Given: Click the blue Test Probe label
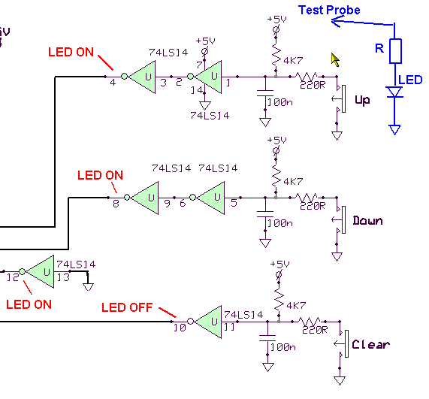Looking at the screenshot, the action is coord(329,10).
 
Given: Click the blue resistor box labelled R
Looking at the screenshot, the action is coord(395,51).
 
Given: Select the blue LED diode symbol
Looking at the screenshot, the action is coord(394,92).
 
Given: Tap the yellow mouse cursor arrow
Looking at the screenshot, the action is coord(335,59).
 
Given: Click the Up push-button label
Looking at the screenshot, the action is coord(362,100).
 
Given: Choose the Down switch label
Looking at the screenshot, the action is coord(367,220).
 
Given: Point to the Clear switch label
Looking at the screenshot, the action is coord(370,344).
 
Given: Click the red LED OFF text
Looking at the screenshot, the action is coord(127,307).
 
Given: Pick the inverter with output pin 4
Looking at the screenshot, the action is coord(139,77).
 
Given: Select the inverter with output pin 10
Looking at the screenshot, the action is coord(205,322).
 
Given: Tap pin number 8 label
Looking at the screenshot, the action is coord(116,204).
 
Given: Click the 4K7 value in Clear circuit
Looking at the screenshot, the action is coord(296,305).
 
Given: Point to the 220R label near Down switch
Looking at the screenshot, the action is coord(313,206).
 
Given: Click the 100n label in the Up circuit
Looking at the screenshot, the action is coord(280,102).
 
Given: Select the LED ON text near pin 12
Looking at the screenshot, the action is coord(29,304).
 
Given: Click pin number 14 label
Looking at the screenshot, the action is coord(197,89).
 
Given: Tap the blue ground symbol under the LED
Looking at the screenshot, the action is coord(394,130).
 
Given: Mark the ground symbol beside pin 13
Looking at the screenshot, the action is coord(88,286).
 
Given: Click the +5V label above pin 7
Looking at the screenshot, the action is coord(205,41).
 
